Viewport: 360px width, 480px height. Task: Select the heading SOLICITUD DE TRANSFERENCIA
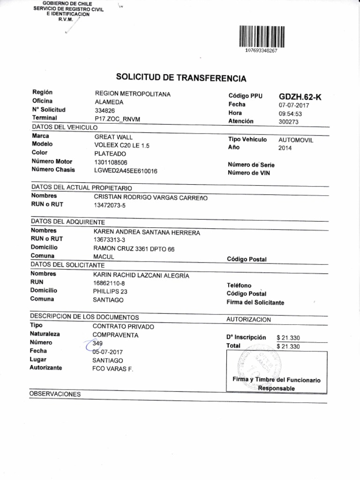point(180,78)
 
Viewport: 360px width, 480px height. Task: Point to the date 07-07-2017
point(294,105)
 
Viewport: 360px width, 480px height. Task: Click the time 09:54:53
point(290,113)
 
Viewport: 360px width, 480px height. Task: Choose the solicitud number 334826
point(105,110)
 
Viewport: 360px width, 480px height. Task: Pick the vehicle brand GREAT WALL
point(113,137)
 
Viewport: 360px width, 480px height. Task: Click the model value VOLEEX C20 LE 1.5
point(122,145)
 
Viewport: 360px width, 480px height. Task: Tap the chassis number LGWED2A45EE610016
point(126,171)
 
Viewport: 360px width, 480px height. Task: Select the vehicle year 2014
point(285,148)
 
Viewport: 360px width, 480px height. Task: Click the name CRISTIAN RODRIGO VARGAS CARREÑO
point(150,197)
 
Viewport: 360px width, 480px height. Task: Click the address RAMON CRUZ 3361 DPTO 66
point(134,249)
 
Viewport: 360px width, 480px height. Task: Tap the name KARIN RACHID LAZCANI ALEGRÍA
point(141,275)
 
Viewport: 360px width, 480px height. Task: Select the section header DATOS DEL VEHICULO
point(64,127)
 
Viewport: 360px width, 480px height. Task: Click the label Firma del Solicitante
point(255,303)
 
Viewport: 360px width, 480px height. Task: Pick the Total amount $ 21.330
point(288,346)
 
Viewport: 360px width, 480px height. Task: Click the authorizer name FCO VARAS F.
point(113,369)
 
